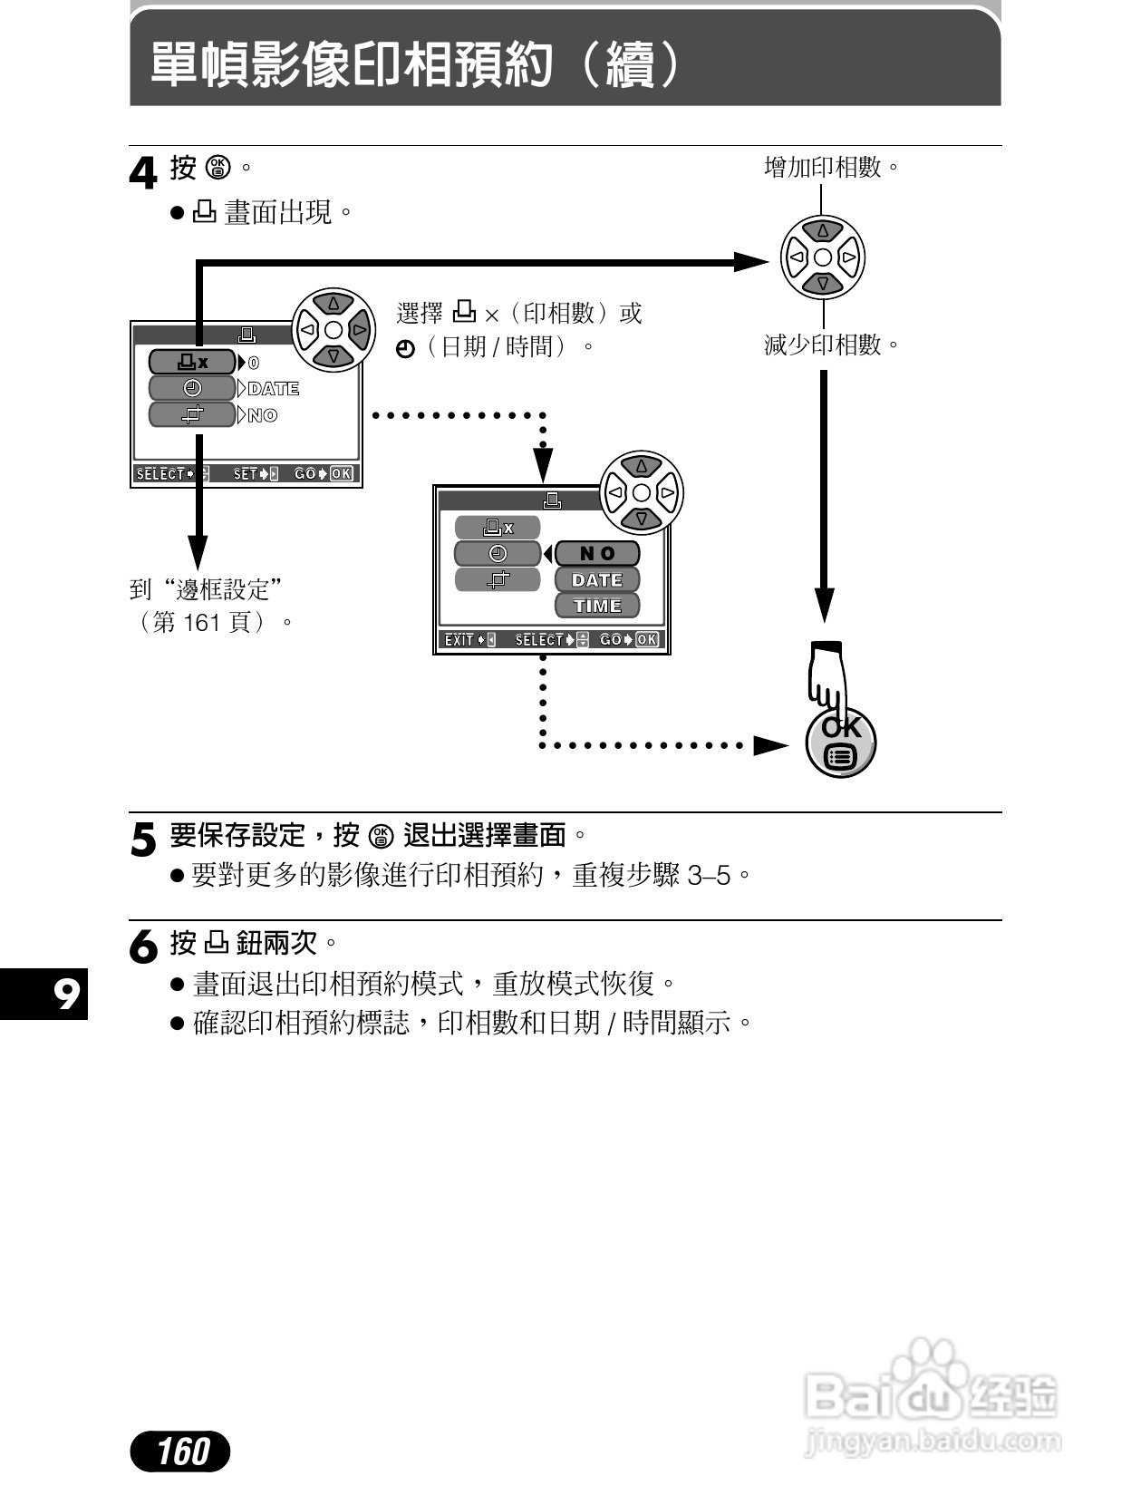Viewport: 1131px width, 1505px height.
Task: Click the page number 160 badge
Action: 180,1451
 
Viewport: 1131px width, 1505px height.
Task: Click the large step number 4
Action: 143,173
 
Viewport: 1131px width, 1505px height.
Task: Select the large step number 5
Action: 143,840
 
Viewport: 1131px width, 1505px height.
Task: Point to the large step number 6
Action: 143,947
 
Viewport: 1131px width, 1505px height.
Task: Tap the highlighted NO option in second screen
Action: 597,553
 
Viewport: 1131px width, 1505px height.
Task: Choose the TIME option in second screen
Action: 597,606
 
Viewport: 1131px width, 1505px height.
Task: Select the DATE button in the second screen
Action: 597,579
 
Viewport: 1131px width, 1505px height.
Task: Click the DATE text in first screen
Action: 274,389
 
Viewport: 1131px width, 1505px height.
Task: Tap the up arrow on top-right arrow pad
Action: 823,231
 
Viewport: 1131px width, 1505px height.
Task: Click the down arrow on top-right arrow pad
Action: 823,284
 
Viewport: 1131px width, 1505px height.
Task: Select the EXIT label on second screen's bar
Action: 459,640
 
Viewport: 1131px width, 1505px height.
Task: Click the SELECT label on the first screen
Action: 161,474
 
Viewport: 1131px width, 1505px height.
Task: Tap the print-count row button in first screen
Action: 192,363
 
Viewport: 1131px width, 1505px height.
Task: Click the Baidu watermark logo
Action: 931,1401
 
